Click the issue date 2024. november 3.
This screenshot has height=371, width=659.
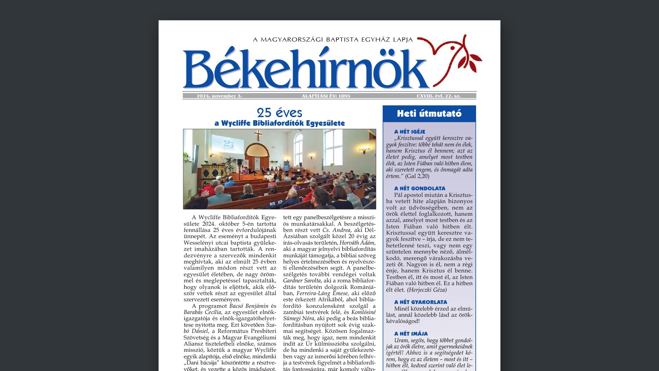(x=219, y=96)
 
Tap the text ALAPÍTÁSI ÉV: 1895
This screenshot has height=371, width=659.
(x=326, y=96)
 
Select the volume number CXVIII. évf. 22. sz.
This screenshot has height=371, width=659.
(x=438, y=96)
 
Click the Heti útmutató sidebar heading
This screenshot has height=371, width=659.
(x=429, y=114)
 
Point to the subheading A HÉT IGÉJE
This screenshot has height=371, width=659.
(x=409, y=132)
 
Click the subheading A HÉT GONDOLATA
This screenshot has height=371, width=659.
(x=419, y=188)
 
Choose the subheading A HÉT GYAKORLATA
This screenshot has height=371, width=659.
(x=420, y=302)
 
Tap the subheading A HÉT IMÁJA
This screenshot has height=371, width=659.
(x=411, y=334)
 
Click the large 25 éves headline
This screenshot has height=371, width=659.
(x=279, y=113)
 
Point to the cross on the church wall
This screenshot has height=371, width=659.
(x=258, y=135)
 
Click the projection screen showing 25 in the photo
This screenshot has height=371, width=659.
(x=228, y=145)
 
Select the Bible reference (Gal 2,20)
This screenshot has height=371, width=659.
(x=417, y=176)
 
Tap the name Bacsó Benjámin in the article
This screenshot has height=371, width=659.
(x=249, y=306)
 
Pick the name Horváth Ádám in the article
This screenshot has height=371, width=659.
(x=357, y=243)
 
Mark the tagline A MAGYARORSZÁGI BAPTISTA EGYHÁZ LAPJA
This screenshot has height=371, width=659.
(x=333, y=40)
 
